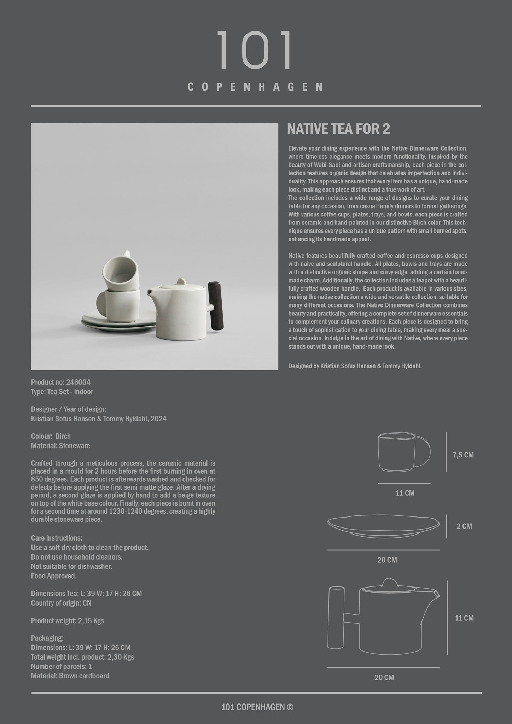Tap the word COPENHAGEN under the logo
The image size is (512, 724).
coord(255,87)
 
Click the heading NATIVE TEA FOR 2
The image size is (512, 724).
coord(338,129)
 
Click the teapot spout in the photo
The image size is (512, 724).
coord(150,292)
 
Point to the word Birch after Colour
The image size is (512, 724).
coord(63,436)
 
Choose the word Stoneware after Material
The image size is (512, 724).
coord(74,446)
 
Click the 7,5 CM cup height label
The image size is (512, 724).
coord(463,455)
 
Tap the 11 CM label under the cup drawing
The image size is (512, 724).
coord(405,493)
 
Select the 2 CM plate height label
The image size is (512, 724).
coord(464,526)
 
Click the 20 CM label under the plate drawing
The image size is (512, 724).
coord(387,560)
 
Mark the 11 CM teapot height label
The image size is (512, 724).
coord(464,618)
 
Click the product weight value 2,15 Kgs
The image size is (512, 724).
coord(91,621)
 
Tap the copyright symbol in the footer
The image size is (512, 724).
coord(290,707)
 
